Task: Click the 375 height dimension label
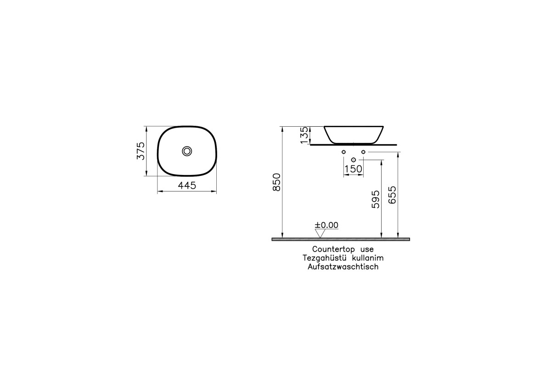pos(141,151)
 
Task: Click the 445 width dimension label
pos(187,186)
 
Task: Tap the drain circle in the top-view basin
pos(187,151)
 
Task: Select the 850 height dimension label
pos(277,183)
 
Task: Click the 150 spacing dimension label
pos(353,169)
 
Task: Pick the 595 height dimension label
pos(376,199)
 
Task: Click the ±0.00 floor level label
pos(326,225)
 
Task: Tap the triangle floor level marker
pos(320,233)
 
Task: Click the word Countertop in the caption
pos(330,249)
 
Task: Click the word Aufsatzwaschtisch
pos(343,267)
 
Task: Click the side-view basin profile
pos(353,134)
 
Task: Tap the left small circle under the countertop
pos(343,152)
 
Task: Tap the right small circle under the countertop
pos(363,152)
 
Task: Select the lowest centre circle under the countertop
pos(353,160)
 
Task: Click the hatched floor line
pos(341,239)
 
